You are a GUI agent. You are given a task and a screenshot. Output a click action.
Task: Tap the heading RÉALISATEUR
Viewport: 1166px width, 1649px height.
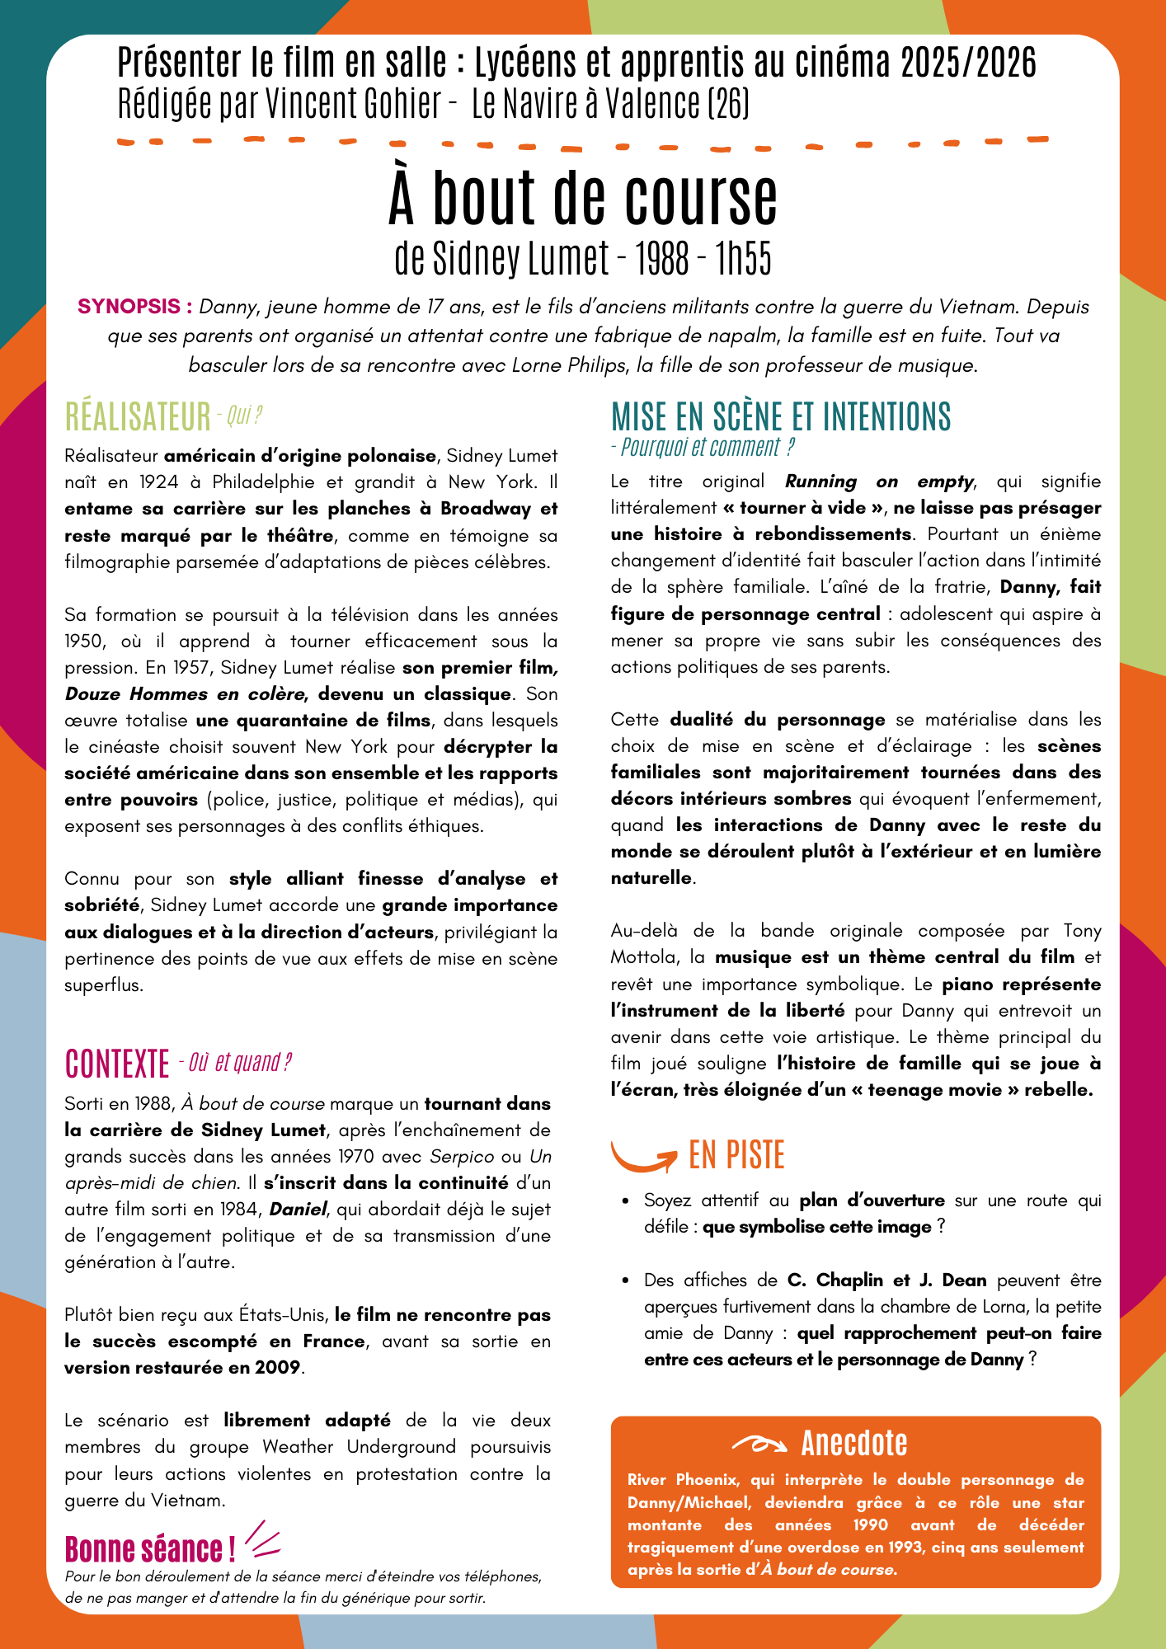(x=138, y=417)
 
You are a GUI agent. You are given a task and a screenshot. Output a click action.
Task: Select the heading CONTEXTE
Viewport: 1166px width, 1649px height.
(x=116, y=1064)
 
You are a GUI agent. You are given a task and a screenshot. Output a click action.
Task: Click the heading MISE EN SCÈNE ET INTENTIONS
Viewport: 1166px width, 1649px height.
(x=780, y=416)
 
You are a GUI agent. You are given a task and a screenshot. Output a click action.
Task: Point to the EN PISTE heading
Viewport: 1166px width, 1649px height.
(x=736, y=1155)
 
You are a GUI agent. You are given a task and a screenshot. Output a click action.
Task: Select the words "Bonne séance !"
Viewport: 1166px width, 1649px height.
(x=150, y=1549)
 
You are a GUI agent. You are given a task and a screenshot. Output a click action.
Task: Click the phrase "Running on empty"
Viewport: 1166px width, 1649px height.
(x=879, y=481)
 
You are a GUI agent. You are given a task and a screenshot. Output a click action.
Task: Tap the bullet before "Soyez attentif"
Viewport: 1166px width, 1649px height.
(x=627, y=1201)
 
